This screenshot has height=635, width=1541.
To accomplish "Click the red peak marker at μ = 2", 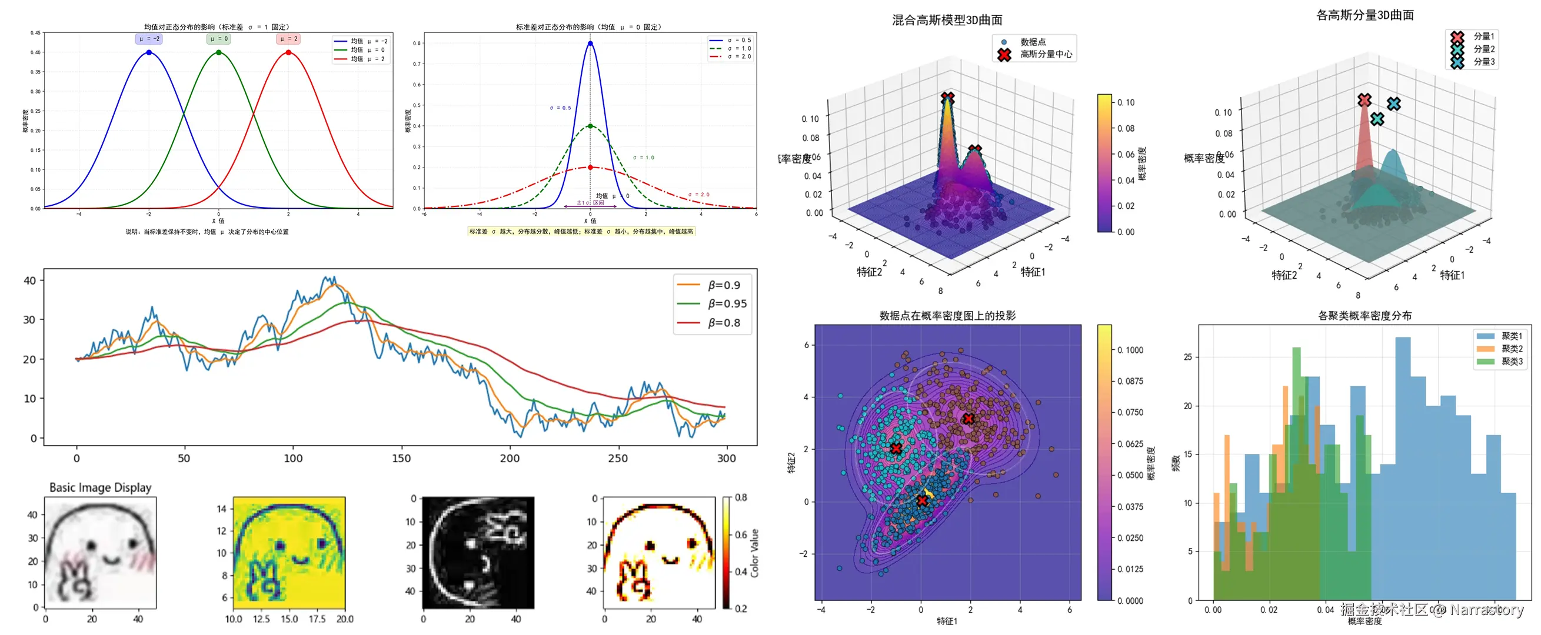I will click(x=288, y=52).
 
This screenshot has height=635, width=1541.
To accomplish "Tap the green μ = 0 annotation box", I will click(x=218, y=39).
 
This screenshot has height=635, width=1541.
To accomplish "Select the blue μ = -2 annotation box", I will click(x=149, y=39).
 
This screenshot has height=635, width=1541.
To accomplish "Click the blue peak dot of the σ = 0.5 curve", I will click(x=590, y=44).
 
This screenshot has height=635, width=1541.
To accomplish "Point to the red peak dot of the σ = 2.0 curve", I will click(x=590, y=168).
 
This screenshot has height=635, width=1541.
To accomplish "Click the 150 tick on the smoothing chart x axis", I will click(x=401, y=458).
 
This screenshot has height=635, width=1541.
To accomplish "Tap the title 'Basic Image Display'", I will click(x=101, y=487).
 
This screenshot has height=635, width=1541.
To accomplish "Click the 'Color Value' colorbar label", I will click(x=754, y=553).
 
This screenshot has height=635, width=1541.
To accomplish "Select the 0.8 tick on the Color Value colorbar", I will click(x=741, y=497).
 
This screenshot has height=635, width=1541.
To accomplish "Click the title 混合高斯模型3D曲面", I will click(x=947, y=21).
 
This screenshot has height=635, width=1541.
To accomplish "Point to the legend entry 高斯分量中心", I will click(x=1046, y=55).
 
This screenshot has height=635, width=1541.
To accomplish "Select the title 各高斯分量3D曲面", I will click(x=1364, y=15).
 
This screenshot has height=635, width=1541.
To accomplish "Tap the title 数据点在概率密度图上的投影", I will click(x=947, y=316).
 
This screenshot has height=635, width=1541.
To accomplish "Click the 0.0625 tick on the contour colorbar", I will click(x=1130, y=444).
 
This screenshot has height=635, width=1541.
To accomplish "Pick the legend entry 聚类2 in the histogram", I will click(x=1511, y=349).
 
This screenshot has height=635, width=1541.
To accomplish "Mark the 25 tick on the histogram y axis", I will click(x=1187, y=357).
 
